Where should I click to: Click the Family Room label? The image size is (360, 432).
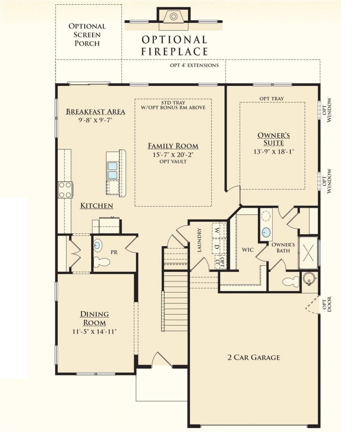[x=173, y=146]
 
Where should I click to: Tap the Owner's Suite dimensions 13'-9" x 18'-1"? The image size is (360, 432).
[x=274, y=151]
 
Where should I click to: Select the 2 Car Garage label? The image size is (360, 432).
[x=254, y=357]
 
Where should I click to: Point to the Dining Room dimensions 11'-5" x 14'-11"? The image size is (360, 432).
[x=95, y=332]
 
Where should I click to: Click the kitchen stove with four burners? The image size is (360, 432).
[x=65, y=190]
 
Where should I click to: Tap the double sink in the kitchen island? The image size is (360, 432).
[x=112, y=170]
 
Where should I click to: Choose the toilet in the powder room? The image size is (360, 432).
[x=101, y=262]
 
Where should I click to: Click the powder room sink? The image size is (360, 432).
[x=97, y=245]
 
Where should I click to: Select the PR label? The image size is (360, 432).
[x=114, y=252]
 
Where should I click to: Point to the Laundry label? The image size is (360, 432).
[x=200, y=240]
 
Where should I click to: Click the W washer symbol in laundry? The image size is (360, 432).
[x=217, y=230]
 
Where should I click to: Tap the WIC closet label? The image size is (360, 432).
[x=248, y=250]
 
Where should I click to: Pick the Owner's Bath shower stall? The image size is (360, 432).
[x=308, y=252]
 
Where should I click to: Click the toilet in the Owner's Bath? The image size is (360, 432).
[x=291, y=281]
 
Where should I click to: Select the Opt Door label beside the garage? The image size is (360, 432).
[x=327, y=304]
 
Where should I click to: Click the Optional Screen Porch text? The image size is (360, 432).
[x=87, y=35]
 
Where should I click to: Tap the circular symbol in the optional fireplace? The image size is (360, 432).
[x=173, y=16]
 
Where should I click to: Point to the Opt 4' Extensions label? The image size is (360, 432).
[x=194, y=65]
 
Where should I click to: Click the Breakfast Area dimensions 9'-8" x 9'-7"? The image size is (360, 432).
[x=95, y=120]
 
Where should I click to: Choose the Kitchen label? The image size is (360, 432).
[x=97, y=205]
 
